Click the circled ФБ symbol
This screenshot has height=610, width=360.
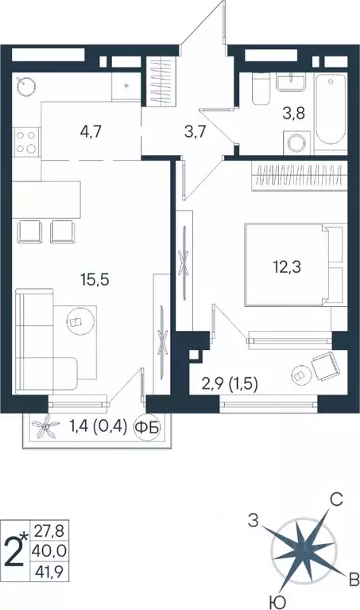click(147, 428)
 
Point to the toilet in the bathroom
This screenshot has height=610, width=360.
click(257, 94)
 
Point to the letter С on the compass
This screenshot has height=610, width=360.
click(337, 499)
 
